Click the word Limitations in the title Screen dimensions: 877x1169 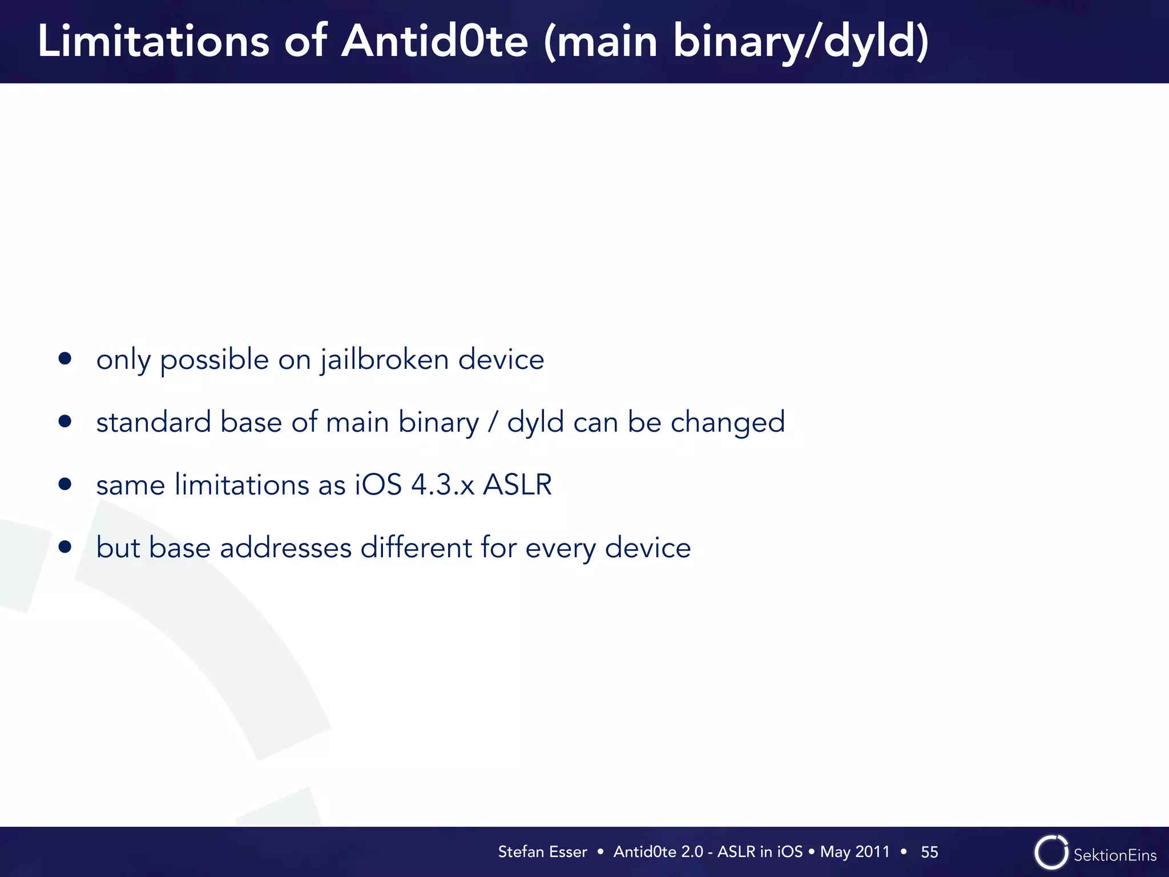[x=153, y=41]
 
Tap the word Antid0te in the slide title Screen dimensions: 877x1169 [x=434, y=41]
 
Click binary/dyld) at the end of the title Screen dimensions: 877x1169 [x=801, y=42]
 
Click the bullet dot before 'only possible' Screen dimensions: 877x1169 [x=65, y=359]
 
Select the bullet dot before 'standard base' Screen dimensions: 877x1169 [x=65, y=421]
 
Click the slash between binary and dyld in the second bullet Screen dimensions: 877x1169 [x=493, y=423]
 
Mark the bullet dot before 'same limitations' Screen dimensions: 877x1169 [x=65, y=484]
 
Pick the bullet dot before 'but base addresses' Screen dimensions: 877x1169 [x=65, y=547]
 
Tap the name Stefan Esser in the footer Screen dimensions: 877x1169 [x=542, y=852]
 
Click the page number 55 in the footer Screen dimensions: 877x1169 [x=929, y=852]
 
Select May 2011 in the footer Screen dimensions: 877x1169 [x=854, y=852]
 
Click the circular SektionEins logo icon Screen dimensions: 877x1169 [x=1051, y=852]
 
